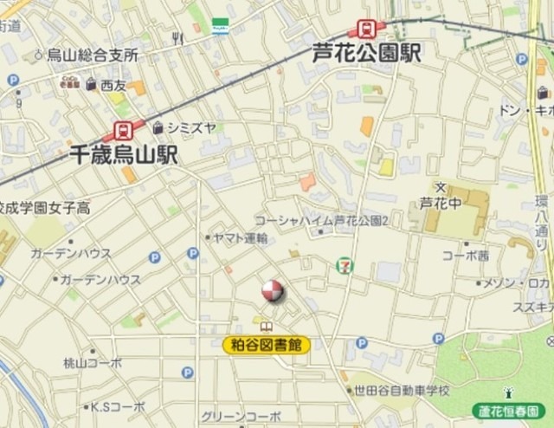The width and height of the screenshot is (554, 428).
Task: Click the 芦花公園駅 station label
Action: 366,54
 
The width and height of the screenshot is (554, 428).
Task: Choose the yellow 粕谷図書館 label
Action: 267,345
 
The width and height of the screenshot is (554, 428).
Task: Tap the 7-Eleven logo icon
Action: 345,263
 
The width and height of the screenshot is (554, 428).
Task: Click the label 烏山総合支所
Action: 93,55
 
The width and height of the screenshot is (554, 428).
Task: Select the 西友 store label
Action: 113,85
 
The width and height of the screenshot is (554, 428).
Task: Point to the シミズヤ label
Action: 191,127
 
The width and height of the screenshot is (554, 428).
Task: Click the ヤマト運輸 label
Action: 240,238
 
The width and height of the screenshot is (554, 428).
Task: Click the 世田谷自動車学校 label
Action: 401,391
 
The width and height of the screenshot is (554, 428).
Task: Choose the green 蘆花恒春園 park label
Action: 510,410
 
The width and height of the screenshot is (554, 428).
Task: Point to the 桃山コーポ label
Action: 93,363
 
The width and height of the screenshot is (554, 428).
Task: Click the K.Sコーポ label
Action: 119,405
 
